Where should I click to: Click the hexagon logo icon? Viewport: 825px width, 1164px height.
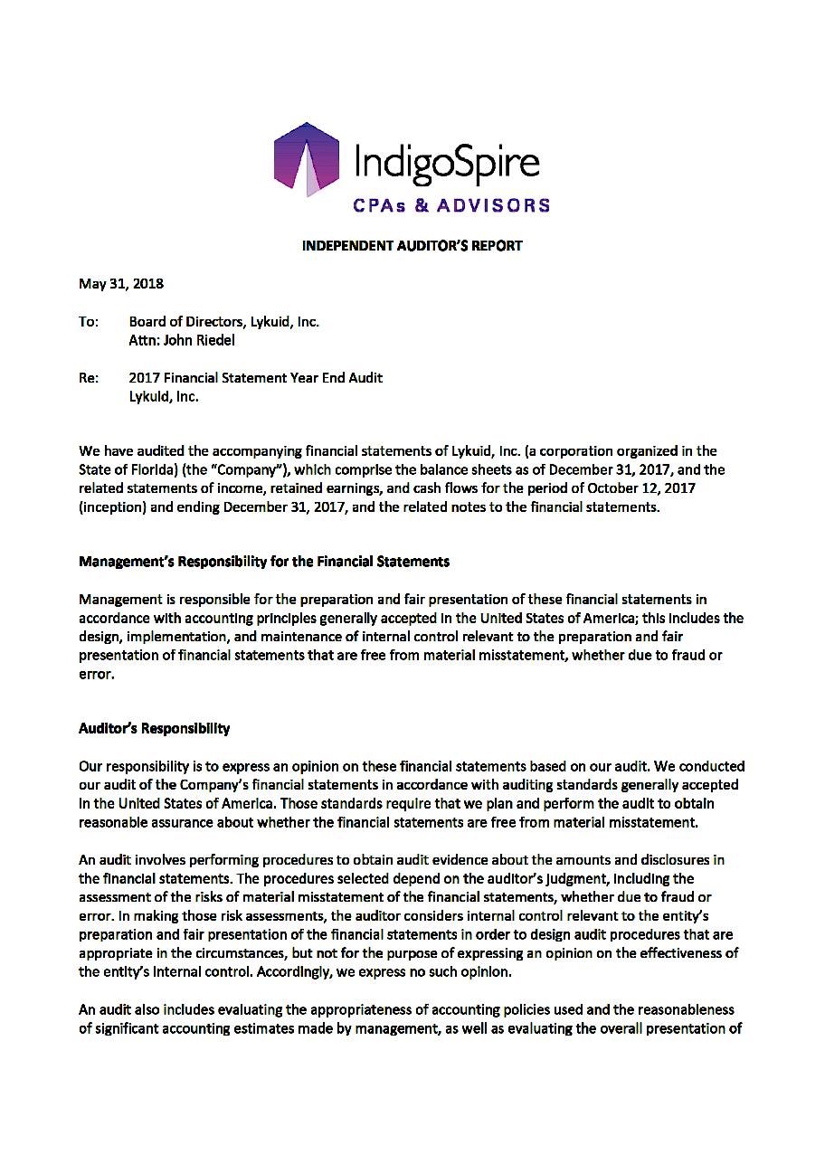coord(307,160)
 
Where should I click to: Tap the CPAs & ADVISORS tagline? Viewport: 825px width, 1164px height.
coord(450,205)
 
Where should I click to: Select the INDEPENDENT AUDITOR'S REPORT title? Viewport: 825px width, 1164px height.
coord(412,245)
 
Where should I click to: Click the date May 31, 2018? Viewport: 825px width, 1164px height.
coord(121,283)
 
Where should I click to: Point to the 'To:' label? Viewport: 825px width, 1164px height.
coord(89,321)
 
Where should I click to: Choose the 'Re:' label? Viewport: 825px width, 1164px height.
coord(89,377)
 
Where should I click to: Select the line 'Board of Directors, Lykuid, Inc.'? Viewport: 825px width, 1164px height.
coord(223,321)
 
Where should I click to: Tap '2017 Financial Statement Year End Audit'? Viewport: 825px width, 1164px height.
coord(255,377)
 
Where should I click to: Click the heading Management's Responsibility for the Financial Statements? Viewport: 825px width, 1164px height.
coord(264,561)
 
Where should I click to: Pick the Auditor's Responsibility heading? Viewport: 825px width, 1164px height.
coord(155,728)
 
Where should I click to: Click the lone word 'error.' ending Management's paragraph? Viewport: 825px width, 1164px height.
coord(96,674)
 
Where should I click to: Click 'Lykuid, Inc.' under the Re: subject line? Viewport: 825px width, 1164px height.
coord(164,396)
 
